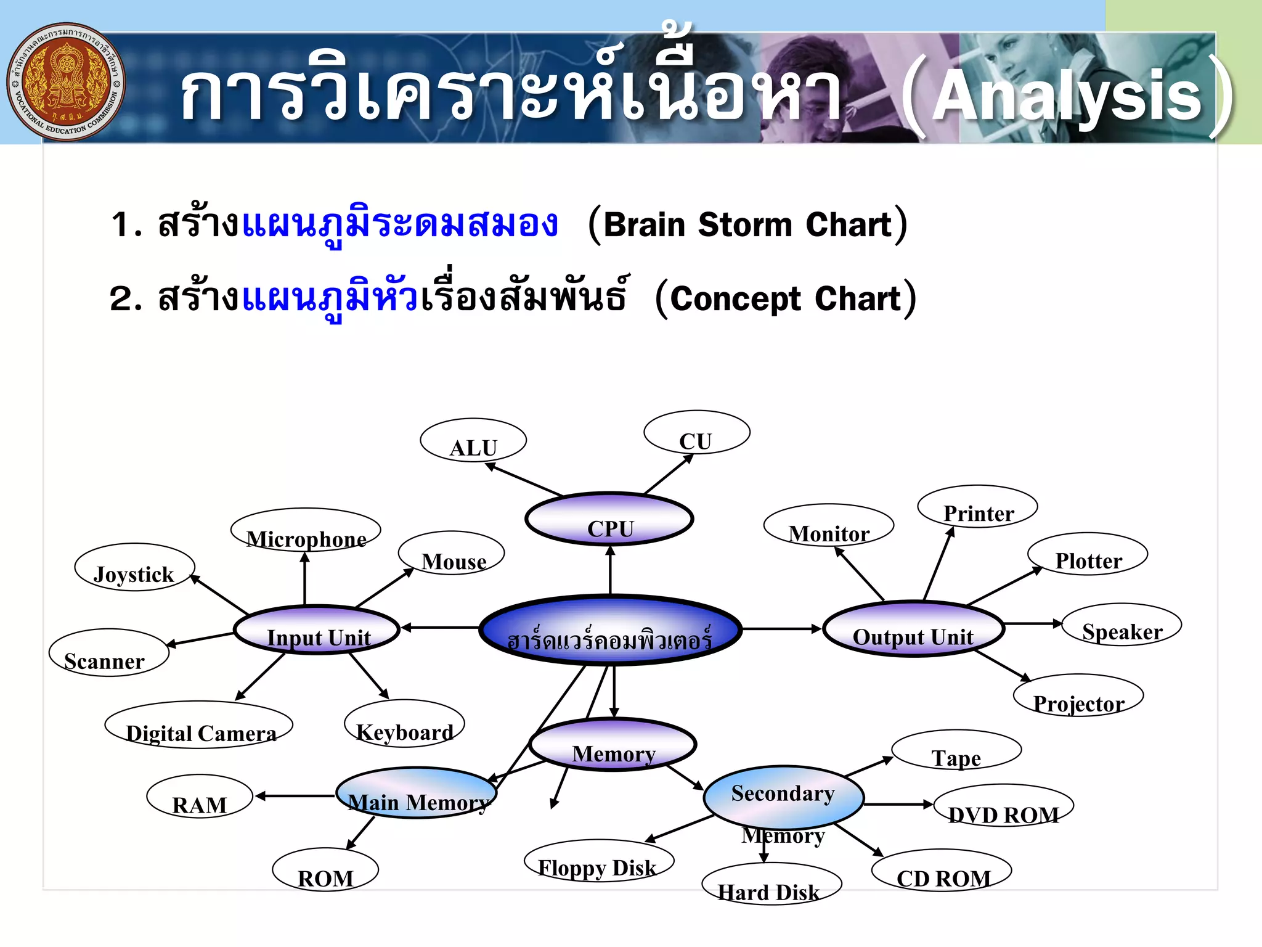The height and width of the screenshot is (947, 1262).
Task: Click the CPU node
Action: pyautogui.click(x=609, y=519)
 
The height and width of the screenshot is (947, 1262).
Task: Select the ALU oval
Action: pyautogui.click(x=473, y=440)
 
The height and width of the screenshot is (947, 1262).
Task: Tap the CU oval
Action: pyautogui.click(x=696, y=433)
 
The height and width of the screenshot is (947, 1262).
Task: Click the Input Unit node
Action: pyautogui.click(x=317, y=629)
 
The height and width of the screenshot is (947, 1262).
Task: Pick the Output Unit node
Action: pyautogui.click(x=914, y=629)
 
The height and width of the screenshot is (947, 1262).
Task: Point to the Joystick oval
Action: pyautogui.click(x=134, y=567)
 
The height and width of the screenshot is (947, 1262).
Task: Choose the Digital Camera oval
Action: pyautogui.click(x=199, y=725)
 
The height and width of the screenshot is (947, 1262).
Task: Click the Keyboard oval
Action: pyautogui.click(x=404, y=724)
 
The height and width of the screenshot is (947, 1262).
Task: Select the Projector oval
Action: pyautogui.click(x=1078, y=695)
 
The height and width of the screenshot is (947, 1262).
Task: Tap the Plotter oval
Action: pyautogui.click(x=1088, y=554)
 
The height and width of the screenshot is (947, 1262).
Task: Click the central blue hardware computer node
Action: pyautogui.click(x=610, y=630)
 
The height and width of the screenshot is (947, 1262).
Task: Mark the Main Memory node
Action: pyautogui.click(x=417, y=793)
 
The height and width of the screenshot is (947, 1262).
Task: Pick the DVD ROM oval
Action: pyautogui.click(x=1003, y=806)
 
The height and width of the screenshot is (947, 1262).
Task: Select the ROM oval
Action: pyautogui.click(x=325, y=870)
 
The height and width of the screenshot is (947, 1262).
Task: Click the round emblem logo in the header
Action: pyautogui.click(x=67, y=82)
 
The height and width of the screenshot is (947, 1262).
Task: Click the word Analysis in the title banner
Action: pyautogui.click(x=1067, y=96)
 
